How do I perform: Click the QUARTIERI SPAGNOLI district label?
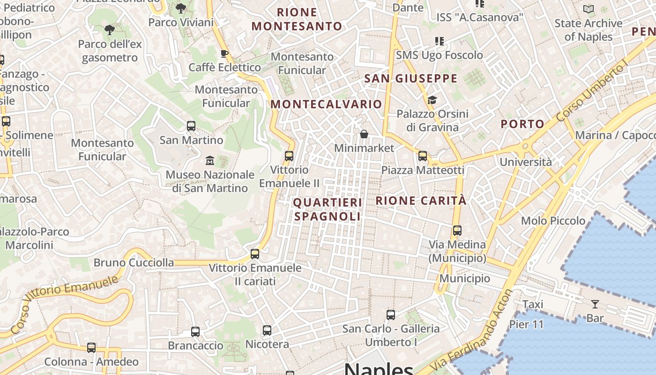(328, 209)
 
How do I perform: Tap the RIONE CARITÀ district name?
(421, 201)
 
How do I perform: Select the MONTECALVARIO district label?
(326, 104)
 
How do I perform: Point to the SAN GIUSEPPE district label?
(410, 78)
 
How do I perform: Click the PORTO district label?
(522, 124)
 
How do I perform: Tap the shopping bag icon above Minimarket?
(364, 134)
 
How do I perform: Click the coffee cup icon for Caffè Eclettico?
(224, 53)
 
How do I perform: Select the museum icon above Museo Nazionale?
(210, 161)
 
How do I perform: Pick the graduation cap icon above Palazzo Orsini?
(432, 100)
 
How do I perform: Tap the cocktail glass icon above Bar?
(595, 304)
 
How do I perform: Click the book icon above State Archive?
(589, 9)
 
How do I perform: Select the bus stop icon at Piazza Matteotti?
(423, 156)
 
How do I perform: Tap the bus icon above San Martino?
(191, 126)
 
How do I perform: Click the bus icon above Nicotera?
(267, 330)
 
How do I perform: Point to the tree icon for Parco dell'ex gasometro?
(110, 30)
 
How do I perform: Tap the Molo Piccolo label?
(553, 220)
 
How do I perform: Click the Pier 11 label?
(526, 324)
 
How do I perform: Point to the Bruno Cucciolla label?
(134, 262)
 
